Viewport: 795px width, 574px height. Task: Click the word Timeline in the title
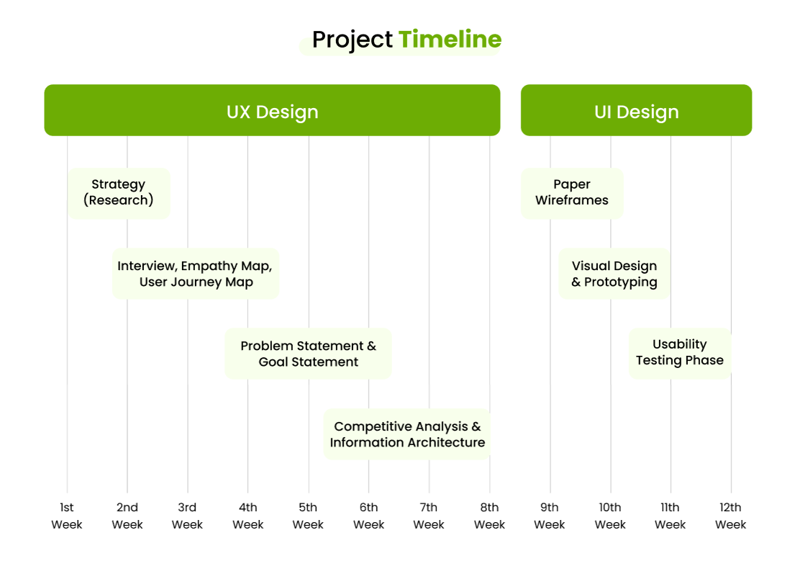tap(450, 40)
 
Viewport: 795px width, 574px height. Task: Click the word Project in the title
tap(352, 40)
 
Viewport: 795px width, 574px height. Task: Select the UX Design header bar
tap(272, 110)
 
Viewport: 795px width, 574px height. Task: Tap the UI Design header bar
tap(636, 110)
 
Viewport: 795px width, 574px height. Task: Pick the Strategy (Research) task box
tap(119, 193)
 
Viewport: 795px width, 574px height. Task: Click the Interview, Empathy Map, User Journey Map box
tap(195, 274)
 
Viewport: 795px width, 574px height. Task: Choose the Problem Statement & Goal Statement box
tap(308, 354)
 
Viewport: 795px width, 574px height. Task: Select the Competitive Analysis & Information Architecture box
tap(407, 434)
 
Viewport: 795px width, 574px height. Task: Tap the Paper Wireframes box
tap(572, 193)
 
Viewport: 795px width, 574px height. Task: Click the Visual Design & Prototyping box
tap(614, 274)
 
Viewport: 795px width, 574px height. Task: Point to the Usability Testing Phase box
tap(680, 353)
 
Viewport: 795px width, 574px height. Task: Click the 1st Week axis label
tap(66, 516)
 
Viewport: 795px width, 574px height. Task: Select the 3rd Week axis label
tap(187, 516)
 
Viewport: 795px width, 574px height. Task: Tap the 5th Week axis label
tap(308, 516)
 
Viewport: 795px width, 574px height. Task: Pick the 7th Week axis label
tap(428, 516)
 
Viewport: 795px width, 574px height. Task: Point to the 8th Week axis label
tap(489, 516)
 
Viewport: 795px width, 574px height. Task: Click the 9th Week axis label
tap(549, 516)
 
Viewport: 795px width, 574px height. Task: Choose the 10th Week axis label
tap(610, 516)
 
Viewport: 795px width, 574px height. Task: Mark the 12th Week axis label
tap(731, 516)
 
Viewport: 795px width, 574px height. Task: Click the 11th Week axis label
tap(670, 516)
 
